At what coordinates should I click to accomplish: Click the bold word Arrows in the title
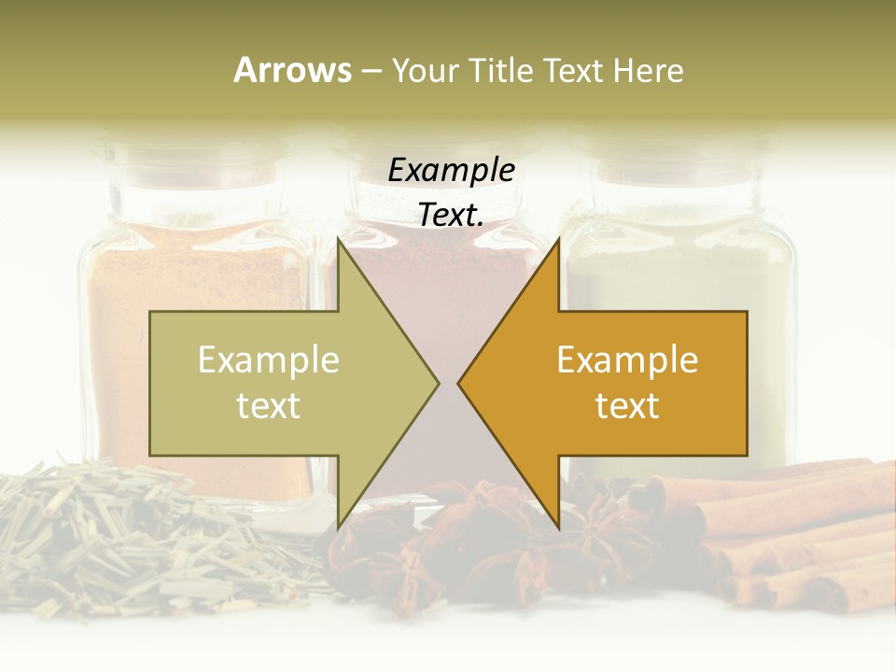(292, 70)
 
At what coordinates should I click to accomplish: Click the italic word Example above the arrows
(452, 170)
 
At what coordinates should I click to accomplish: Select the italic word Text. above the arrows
(452, 215)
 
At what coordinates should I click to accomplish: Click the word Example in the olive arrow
(269, 359)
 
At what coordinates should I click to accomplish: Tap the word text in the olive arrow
(269, 405)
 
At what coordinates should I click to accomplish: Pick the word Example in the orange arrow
(627, 359)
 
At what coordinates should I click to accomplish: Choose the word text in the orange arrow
(627, 405)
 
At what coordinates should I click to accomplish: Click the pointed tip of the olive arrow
(437, 383)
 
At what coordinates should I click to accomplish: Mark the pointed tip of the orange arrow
(460, 383)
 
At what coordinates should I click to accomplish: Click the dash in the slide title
(371, 71)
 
